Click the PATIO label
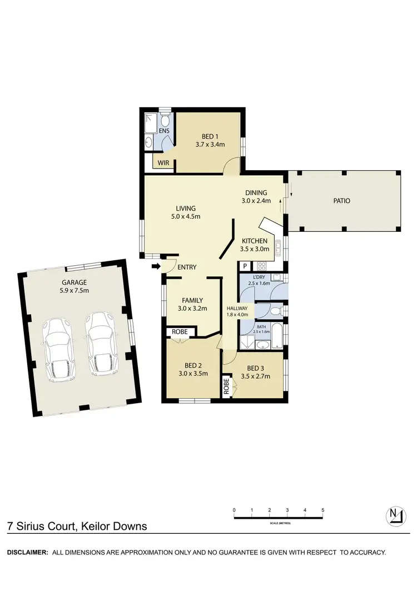pos(342,201)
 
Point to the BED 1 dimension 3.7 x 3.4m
pos(210,144)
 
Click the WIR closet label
pos(163,163)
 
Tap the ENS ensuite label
pos(164,131)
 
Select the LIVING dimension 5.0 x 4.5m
pos(186,216)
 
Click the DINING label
pos(256,193)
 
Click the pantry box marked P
pos(245,266)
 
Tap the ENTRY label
pos(187,267)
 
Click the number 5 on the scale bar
pos(322,510)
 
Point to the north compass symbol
pos(394,515)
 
